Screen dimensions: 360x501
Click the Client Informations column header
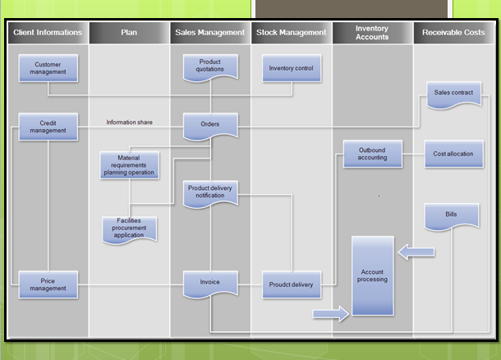[48, 33]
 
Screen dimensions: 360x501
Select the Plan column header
[129, 33]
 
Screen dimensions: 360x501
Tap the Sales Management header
[209, 33]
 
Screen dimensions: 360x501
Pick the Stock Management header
[291, 33]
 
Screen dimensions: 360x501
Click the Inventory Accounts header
[372, 33]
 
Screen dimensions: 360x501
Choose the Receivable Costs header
[453, 33]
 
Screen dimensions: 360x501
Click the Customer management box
[48, 67]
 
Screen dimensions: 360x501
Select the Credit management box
[48, 127]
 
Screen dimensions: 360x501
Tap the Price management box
[48, 284]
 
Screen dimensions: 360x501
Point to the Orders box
[210, 124]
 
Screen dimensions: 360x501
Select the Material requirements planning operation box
[130, 165]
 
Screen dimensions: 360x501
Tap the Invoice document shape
[210, 283]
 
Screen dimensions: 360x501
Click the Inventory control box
[292, 67]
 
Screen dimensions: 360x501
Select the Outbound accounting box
[372, 155]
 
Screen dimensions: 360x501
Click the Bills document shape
[452, 216]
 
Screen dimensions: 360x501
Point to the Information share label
[129, 122]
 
